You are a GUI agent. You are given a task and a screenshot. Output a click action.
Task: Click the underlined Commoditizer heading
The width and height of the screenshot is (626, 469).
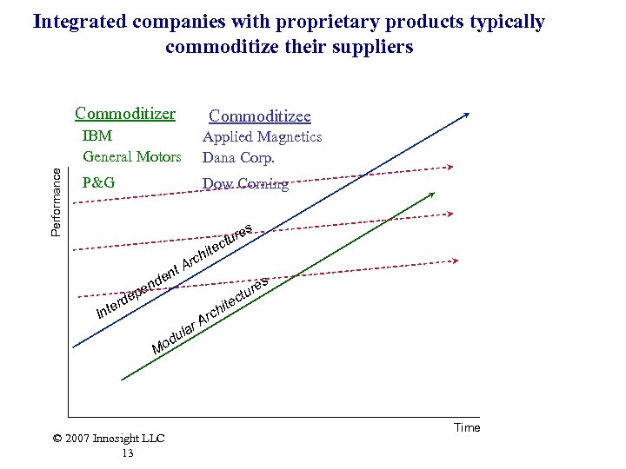(x=125, y=114)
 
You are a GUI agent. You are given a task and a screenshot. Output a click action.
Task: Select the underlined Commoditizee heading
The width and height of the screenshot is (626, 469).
(x=259, y=116)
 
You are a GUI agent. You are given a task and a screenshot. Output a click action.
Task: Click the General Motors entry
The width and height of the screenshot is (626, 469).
(x=131, y=157)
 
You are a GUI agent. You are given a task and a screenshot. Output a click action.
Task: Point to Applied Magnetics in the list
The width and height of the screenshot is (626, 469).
(x=262, y=136)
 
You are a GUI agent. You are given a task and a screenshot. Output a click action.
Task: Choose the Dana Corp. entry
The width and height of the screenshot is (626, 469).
(x=238, y=157)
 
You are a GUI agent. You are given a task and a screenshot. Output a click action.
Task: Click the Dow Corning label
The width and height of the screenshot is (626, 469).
(x=245, y=183)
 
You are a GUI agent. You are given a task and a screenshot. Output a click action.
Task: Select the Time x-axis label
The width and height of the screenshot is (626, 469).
(x=466, y=427)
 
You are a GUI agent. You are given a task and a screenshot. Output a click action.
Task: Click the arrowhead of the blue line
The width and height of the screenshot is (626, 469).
(x=468, y=115)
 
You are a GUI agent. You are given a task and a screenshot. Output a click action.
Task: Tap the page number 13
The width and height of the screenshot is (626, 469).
(x=128, y=452)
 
